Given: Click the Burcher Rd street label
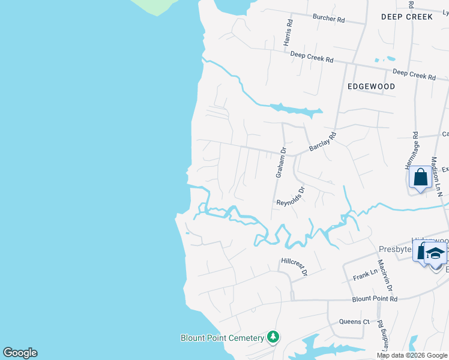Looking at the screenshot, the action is [x=328, y=19].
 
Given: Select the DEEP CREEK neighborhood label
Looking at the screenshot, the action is [x=406, y=17].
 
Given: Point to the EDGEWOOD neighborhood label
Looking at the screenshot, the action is [x=371, y=86].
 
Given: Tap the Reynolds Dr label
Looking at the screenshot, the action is [x=291, y=196].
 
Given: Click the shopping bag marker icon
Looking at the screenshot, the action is [x=420, y=178].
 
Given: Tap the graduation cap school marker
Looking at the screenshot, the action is [x=435, y=253].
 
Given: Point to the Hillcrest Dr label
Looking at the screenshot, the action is [x=294, y=266].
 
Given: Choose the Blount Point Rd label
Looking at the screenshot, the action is [x=375, y=299].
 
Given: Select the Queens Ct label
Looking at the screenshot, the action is [x=354, y=322].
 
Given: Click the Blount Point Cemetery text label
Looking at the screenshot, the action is [x=223, y=338].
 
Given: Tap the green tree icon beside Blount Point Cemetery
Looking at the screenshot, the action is [x=273, y=337].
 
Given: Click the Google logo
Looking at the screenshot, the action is [x=20, y=353].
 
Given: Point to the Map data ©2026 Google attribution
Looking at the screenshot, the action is [x=411, y=355].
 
